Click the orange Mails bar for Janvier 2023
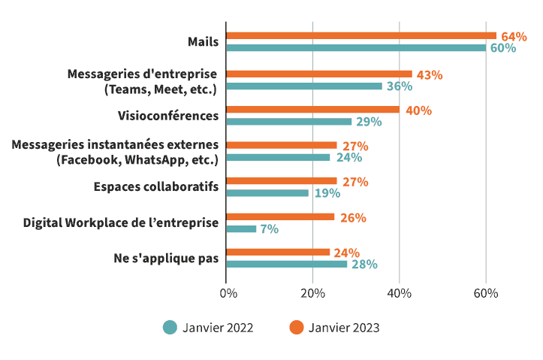coord(360,35)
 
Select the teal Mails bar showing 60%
coord(355,48)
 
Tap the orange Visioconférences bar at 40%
coord(312,110)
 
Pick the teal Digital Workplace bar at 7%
coord(241,228)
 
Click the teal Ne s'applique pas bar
coord(286,264)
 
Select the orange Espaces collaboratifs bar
coord(281,181)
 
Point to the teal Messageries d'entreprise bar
coord(303,86)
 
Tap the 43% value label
coord(430,74)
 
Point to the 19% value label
coord(327,193)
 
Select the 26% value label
coord(353,218)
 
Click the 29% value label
coord(370,122)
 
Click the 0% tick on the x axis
coord(228,293)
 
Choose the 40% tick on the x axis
coord(400,293)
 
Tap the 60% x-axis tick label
coord(486,293)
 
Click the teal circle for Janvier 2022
coord(170,327)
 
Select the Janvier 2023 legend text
coord(343,328)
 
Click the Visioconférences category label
coord(167,116)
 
